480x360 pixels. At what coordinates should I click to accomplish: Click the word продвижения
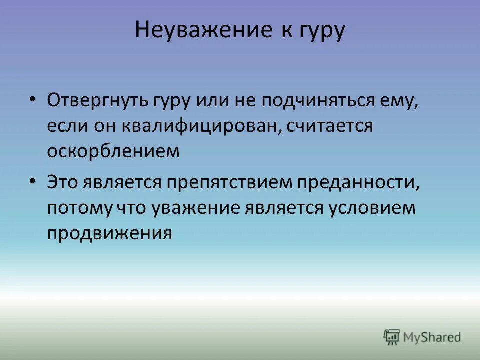point(110,233)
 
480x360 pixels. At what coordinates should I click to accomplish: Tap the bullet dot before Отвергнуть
point(33,99)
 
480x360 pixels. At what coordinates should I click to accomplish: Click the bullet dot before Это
point(33,181)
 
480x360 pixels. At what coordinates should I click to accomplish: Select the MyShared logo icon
point(392,337)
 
